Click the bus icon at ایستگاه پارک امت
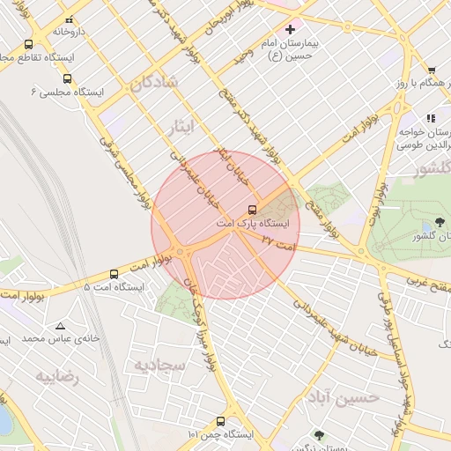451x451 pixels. pos(253,210)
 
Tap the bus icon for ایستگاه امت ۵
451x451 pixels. pos(114,275)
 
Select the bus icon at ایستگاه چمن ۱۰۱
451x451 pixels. pos(219,422)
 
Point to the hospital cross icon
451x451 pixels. pos(290,29)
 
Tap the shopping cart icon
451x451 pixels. pos(432,70)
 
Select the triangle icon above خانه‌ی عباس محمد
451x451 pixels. pos(60,325)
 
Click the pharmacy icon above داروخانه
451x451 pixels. pos(69,18)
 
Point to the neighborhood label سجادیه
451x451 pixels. pos(159,363)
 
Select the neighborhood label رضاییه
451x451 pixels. pos(56,376)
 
